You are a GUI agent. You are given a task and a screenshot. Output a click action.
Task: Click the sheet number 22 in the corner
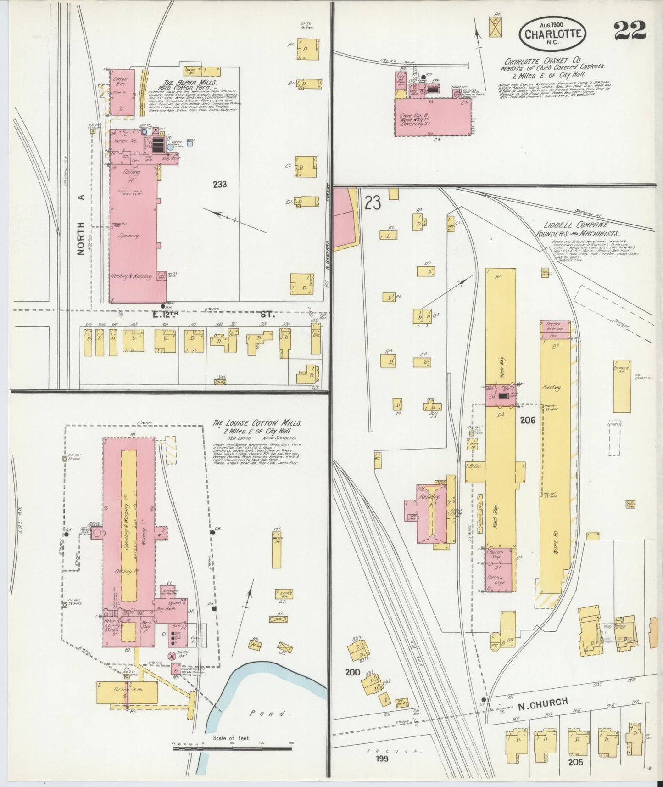630,32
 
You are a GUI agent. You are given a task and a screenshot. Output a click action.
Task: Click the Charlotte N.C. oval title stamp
552,34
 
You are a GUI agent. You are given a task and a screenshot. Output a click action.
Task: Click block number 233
220,185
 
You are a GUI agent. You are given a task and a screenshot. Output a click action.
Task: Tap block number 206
528,420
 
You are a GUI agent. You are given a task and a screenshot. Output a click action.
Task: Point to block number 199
381,758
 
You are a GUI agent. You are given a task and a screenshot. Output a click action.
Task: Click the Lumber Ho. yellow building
622,386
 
